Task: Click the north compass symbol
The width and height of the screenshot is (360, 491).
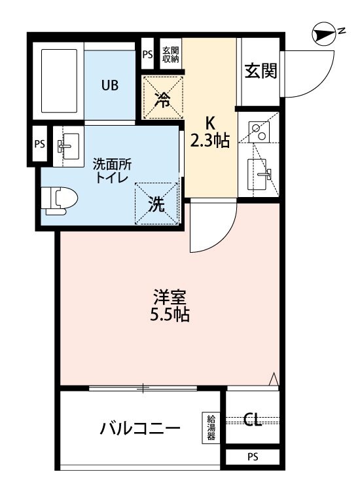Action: coord(323,32)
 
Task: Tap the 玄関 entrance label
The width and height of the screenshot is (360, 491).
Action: coord(260,71)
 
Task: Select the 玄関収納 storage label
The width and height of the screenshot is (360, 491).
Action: coord(171,54)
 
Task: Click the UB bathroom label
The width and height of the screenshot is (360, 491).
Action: coord(109,84)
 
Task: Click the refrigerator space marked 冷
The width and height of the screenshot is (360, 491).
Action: coord(162,98)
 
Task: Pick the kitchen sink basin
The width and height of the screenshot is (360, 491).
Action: coord(261,174)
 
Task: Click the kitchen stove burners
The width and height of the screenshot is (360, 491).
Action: coord(261,133)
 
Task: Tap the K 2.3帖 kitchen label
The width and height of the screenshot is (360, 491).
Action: coord(210,132)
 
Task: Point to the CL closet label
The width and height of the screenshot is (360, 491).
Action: coord(253,420)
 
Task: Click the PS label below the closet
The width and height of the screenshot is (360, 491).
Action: coord(253,458)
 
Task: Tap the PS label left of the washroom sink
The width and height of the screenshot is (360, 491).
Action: coord(40,144)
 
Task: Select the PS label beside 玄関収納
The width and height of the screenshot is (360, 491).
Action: coord(147,55)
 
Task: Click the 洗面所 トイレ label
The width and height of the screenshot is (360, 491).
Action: coord(112,170)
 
